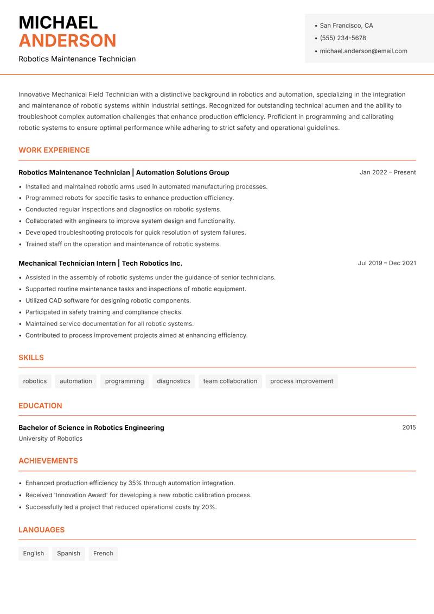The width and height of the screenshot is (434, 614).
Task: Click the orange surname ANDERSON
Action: (x=67, y=41)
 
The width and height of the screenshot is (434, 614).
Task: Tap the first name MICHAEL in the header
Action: (x=58, y=22)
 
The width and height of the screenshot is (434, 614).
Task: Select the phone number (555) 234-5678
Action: (x=343, y=38)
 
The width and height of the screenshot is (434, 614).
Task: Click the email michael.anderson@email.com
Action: (x=363, y=51)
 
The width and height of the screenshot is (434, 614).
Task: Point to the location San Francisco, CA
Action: (x=346, y=26)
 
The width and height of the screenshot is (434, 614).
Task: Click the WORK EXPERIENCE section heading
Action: (x=54, y=150)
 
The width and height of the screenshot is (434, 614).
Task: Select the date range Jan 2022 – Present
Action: (x=387, y=172)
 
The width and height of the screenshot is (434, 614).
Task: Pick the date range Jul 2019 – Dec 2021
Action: (x=387, y=263)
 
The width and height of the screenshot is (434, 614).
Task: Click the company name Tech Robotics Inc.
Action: (x=152, y=263)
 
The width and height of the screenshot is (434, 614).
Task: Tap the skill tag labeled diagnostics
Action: (x=174, y=381)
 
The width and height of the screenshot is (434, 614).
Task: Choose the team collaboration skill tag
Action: (x=230, y=381)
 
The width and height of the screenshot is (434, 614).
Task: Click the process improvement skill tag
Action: (x=302, y=381)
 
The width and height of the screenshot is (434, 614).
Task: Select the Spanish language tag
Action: (x=68, y=553)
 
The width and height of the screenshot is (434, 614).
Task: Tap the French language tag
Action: (x=103, y=553)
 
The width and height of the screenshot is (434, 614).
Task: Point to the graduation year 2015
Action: (x=409, y=428)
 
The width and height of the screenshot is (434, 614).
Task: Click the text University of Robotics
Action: (x=50, y=438)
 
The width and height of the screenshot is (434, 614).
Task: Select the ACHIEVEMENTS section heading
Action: (x=48, y=461)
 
